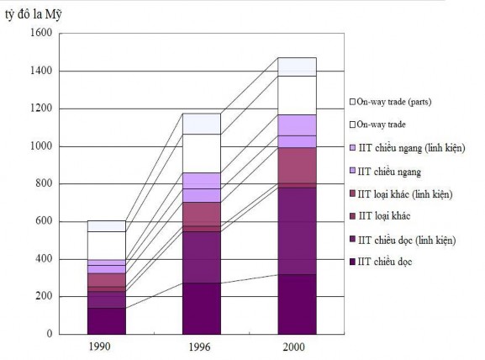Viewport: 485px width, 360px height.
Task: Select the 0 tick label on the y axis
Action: coord(50,334)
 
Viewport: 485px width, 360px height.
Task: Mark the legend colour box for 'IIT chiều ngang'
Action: coord(352,172)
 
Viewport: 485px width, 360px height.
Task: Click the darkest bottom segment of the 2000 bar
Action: coord(298,304)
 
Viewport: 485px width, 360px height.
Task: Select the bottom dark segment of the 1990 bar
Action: coord(106,320)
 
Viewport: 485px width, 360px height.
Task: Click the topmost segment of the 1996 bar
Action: coord(202,124)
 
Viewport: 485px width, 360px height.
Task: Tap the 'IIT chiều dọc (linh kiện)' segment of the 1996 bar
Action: coord(202,257)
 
